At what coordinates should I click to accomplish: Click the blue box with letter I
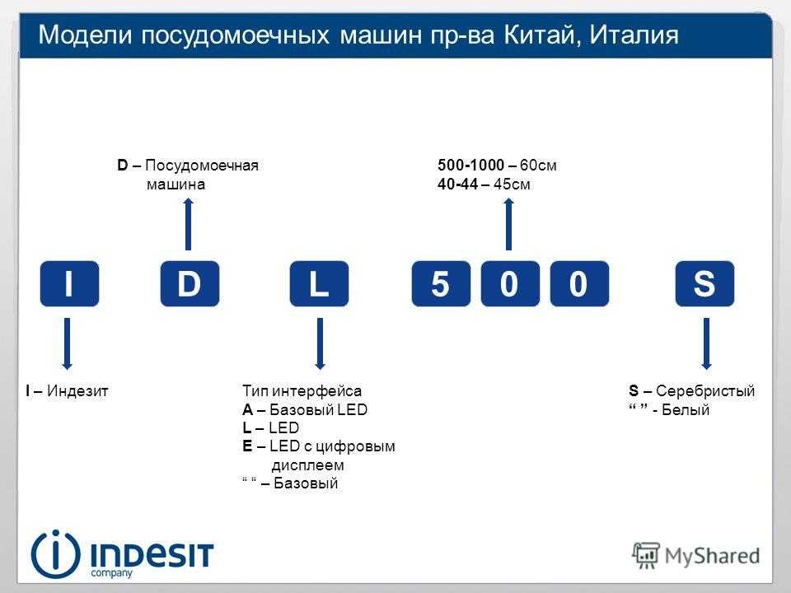69,283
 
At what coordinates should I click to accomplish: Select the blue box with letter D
190,283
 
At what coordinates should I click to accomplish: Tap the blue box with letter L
319,283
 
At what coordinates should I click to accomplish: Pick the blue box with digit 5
441,283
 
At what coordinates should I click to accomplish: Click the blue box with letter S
704,283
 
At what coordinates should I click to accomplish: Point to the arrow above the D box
188,224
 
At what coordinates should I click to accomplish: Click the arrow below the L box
320,344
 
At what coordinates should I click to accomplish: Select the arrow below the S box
706,344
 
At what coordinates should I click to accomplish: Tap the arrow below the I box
67,344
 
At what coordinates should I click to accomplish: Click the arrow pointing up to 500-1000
508,224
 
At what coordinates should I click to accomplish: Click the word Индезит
77,390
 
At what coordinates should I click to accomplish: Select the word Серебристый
705,390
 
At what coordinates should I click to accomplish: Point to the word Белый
685,409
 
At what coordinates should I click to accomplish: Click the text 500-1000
471,165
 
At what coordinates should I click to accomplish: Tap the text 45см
512,184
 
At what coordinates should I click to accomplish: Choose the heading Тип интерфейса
302,390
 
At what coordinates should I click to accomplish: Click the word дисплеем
307,465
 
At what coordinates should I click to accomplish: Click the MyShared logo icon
646,555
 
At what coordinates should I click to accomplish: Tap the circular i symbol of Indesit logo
55,554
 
